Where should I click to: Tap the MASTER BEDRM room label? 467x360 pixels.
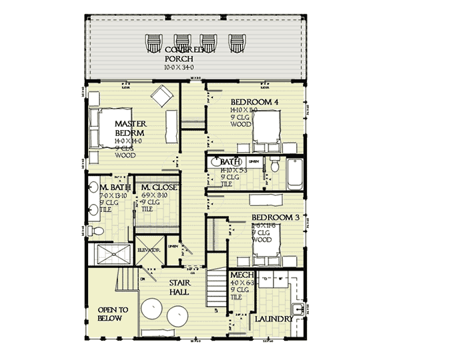click(x=130, y=128)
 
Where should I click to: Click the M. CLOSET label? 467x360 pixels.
click(x=159, y=188)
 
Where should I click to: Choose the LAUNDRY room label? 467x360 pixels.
click(x=274, y=319)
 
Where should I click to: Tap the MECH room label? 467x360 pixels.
click(x=240, y=275)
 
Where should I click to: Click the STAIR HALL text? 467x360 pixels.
click(x=179, y=287)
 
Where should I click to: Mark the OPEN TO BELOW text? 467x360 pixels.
click(x=110, y=314)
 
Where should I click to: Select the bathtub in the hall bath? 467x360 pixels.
click(x=294, y=174)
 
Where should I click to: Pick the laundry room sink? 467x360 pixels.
click(x=298, y=307)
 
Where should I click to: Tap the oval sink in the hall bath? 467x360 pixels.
click(x=215, y=162)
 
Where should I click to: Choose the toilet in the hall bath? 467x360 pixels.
click(x=273, y=167)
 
